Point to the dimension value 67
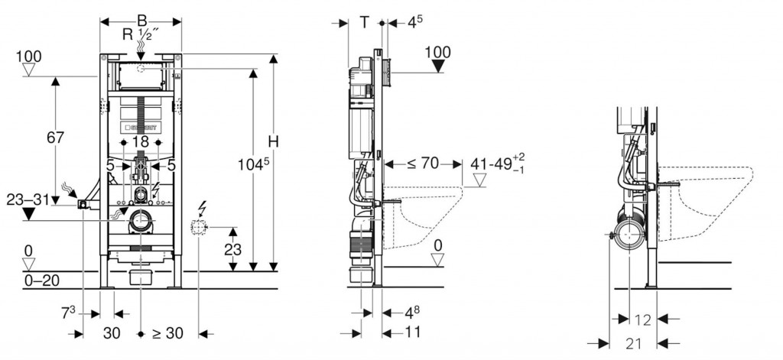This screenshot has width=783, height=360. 55,138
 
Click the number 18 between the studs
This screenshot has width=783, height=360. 139,142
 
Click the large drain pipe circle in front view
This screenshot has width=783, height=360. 141,222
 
